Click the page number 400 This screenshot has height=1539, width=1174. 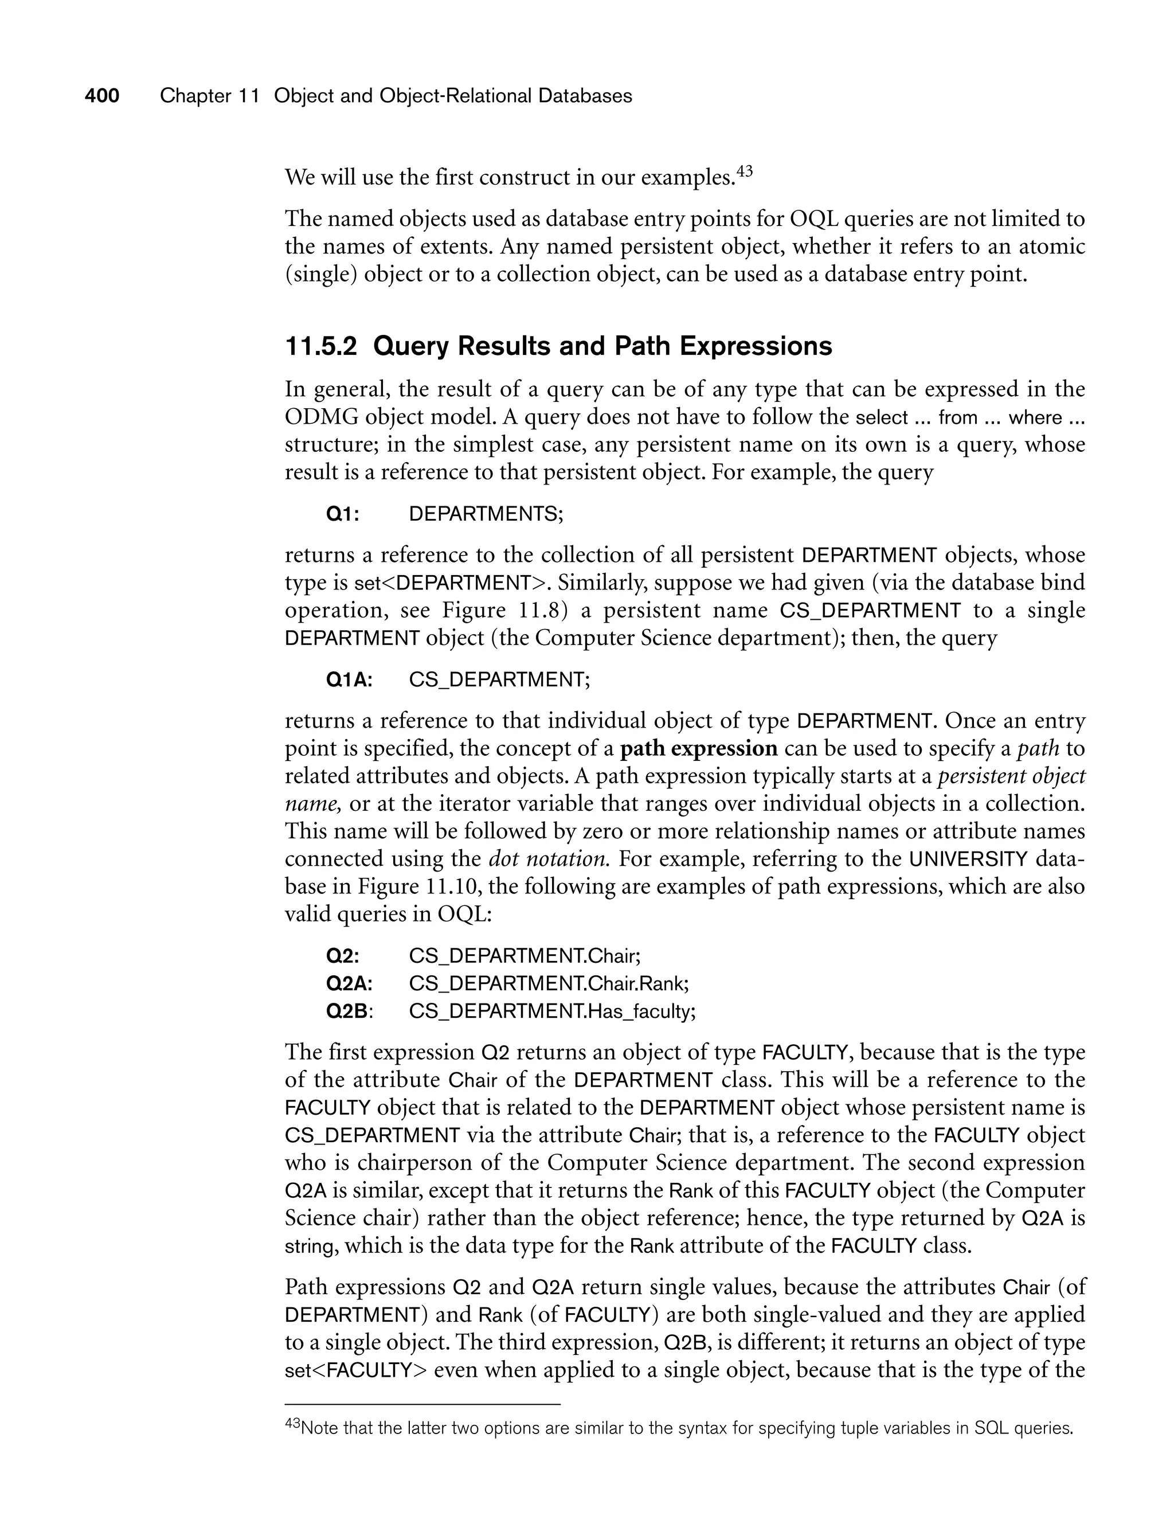point(102,96)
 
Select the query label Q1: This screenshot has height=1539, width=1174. point(343,514)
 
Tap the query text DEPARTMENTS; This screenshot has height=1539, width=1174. point(486,514)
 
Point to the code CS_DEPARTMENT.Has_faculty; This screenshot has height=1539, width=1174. point(552,1011)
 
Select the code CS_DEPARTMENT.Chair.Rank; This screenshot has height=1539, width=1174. point(549,984)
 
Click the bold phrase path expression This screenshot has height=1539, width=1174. point(699,748)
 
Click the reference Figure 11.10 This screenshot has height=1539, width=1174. point(417,887)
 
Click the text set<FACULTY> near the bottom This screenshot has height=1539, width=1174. point(355,1370)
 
